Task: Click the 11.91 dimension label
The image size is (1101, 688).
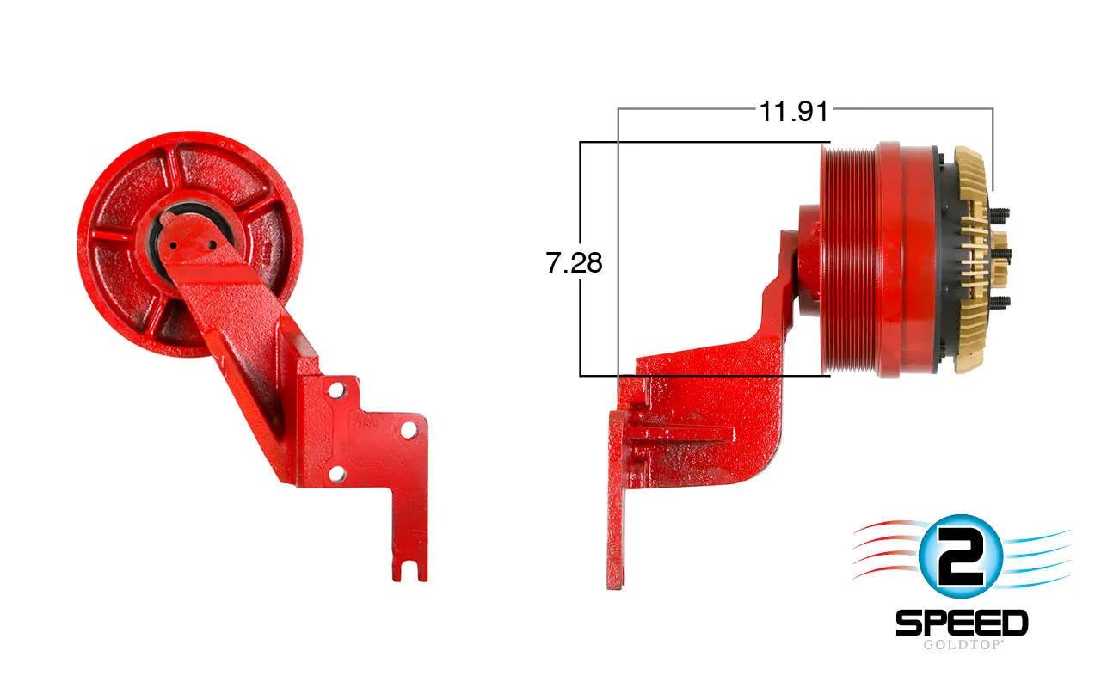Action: (794, 112)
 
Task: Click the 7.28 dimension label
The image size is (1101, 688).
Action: (574, 262)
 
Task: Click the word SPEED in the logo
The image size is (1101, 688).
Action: (962, 623)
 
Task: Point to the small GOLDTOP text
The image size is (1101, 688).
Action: (962, 644)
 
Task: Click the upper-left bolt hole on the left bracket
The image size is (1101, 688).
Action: (336, 390)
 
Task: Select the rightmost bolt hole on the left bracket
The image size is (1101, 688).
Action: (409, 431)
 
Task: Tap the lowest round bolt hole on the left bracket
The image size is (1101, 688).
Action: (336, 474)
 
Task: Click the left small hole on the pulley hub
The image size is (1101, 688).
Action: (173, 245)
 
